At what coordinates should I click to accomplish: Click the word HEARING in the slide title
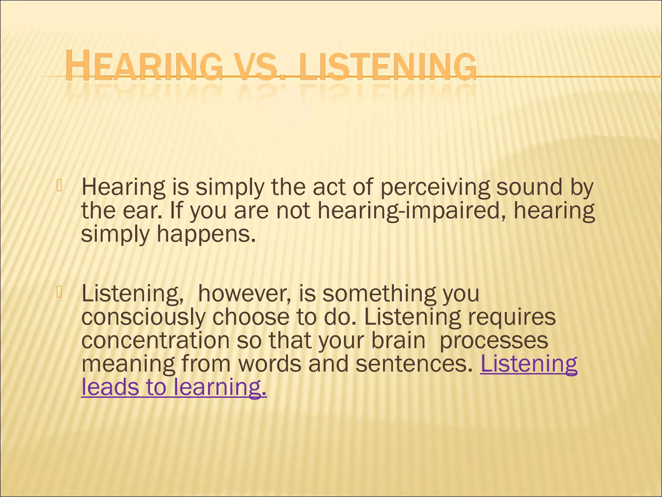(x=144, y=67)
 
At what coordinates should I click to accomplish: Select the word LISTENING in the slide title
(x=388, y=67)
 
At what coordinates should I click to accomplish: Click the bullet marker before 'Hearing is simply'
(x=59, y=186)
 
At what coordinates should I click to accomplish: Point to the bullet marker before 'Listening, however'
(x=59, y=292)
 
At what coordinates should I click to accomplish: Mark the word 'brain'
(x=398, y=340)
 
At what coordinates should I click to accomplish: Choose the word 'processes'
(x=494, y=341)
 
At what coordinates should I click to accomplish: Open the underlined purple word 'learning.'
(x=220, y=388)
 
